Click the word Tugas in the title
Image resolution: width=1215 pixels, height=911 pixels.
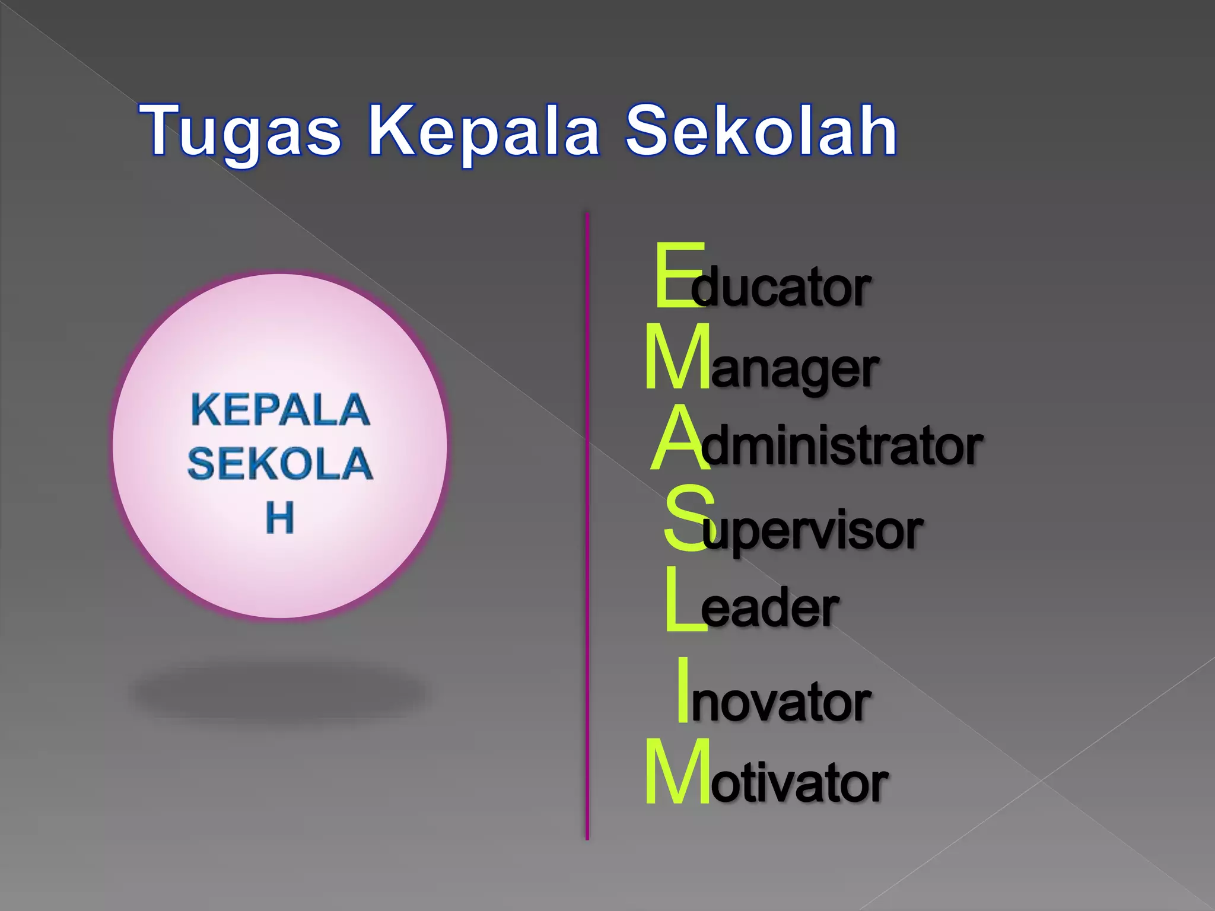(240, 132)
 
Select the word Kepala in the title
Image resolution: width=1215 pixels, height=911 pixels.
(484, 132)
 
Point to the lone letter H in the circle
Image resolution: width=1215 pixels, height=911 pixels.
(279, 518)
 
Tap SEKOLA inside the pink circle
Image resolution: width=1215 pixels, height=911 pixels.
(280, 463)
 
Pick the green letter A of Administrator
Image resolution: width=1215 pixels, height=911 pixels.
(679, 440)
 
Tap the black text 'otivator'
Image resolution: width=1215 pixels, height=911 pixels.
(800, 783)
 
